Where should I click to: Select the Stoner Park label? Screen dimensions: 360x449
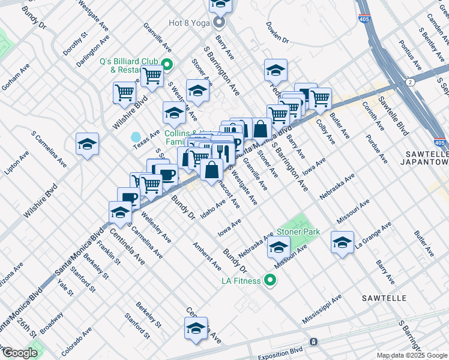298,232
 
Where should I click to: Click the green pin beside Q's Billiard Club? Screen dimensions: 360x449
167,65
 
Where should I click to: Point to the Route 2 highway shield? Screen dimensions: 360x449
409,81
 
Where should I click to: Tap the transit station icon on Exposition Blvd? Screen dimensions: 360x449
313,342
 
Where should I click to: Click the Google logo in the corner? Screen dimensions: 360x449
20,353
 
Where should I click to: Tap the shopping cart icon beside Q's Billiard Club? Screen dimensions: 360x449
152,76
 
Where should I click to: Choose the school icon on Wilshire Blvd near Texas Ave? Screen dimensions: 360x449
87,145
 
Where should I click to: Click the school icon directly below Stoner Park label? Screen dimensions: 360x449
278,246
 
